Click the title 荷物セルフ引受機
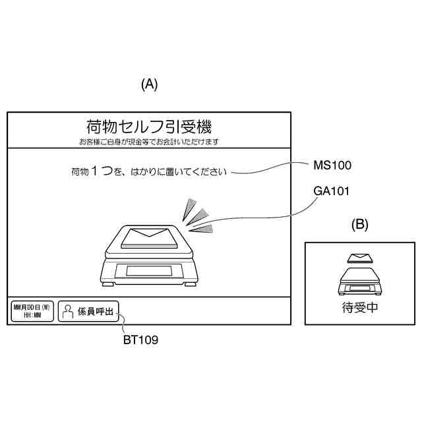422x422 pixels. pyautogui.click(x=148, y=127)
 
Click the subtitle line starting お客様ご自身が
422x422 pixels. pyautogui.click(x=148, y=142)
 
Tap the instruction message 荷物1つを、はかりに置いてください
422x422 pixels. pyautogui.click(x=148, y=172)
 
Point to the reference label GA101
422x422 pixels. pyautogui.click(x=331, y=191)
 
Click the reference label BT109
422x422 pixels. pyautogui.click(x=140, y=340)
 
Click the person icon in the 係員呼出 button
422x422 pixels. pyautogui.click(x=67, y=311)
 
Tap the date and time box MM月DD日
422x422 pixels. pyautogui.click(x=32, y=311)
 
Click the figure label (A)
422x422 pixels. pyautogui.click(x=150, y=84)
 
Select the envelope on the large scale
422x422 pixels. pyautogui.click(x=149, y=233)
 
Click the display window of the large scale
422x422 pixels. pyautogui.click(x=150, y=270)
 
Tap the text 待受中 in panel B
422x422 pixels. pyautogui.click(x=359, y=307)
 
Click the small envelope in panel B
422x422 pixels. pyautogui.click(x=359, y=258)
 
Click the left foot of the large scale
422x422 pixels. pyautogui.click(x=110, y=284)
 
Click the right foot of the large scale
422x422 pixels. pyautogui.click(x=190, y=284)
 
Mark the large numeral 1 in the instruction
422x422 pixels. pyautogui.click(x=94, y=171)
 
